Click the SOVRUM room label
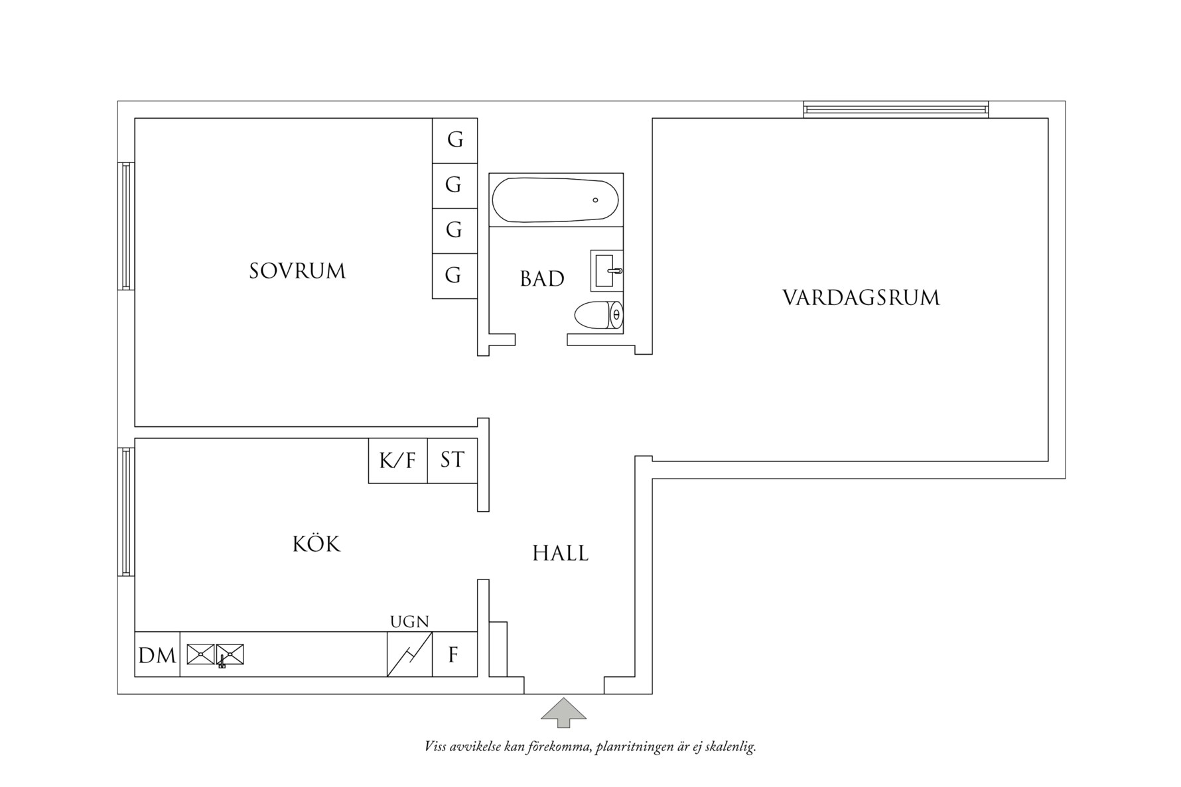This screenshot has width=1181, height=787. tap(297, 271)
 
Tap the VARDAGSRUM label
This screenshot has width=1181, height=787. tap(861, 298)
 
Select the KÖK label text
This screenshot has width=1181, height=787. tap(316, 544)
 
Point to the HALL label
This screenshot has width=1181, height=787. tap(560, 554)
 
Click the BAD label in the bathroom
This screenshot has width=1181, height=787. tap(542, 279)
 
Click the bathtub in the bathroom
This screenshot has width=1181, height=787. tap(555, 200)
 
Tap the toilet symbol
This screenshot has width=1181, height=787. tap(598, 315)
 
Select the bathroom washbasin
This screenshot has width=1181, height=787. tap(606, 271)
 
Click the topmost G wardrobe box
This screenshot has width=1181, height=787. tap(454, 140)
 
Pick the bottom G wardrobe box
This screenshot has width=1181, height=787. tap(454, 275)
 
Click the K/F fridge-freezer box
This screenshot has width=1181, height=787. tap(397, 460)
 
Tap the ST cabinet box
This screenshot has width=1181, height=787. tap(452, 459)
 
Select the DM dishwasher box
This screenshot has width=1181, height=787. tap(157, 655)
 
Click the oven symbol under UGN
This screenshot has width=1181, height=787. tap(409, 654)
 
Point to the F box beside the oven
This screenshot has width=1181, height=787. tap(454, 655)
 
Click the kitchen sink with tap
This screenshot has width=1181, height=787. tap(216, 655)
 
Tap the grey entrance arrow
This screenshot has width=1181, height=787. tap(563, 712)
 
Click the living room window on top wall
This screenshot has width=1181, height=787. tap(895, 109)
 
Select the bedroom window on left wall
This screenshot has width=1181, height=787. tap(126, 226)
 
